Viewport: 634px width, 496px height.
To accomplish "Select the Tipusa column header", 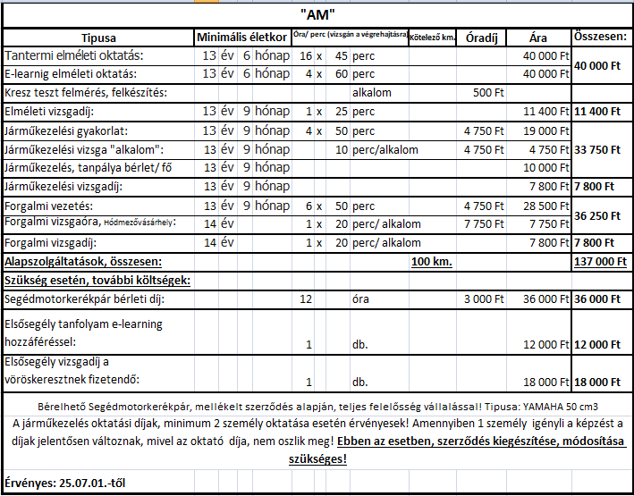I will coord(99,38).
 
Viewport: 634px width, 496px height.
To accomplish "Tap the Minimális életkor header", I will coord(241,38).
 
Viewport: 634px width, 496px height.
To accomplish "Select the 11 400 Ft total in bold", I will coord(599,112).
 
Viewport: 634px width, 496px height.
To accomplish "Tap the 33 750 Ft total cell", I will coord(599,149).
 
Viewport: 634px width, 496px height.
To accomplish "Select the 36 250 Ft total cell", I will coord(599,215).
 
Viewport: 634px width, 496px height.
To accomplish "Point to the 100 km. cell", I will coord(432,262).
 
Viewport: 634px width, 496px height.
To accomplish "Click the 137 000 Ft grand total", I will coord(599,262).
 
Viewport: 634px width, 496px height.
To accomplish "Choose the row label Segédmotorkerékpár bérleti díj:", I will coord(86,298).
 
